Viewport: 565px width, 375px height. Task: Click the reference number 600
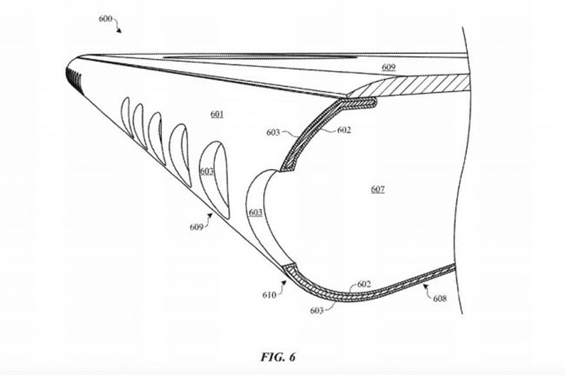coord(105,19)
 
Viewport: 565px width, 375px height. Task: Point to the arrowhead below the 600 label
coord(119,30)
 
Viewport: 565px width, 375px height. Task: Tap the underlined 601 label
coord(217,114)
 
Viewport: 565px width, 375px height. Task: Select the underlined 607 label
coord(378,189)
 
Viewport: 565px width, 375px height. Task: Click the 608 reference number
coord(439,298)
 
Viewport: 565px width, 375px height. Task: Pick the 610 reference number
coord(269,295)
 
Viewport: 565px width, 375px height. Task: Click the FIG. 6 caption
coord(278,357)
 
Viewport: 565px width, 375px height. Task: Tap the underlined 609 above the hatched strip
coord(389,67)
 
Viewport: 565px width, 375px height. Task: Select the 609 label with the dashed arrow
coord(196,227)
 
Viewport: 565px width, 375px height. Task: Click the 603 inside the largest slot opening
coord(207,172)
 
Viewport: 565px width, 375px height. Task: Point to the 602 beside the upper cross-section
coord(344,130)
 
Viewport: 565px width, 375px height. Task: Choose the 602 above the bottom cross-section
coord(364,284)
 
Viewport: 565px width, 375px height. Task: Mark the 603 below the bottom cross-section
coord(317,310)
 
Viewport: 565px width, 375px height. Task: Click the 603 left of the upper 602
coord(273,132)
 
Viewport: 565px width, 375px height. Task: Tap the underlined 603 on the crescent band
coord(256,213)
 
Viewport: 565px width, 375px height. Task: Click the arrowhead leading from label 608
coord(426,287)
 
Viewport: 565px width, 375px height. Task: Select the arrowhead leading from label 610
coord(284,283)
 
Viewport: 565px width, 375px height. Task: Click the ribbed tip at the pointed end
coord(73,77)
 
